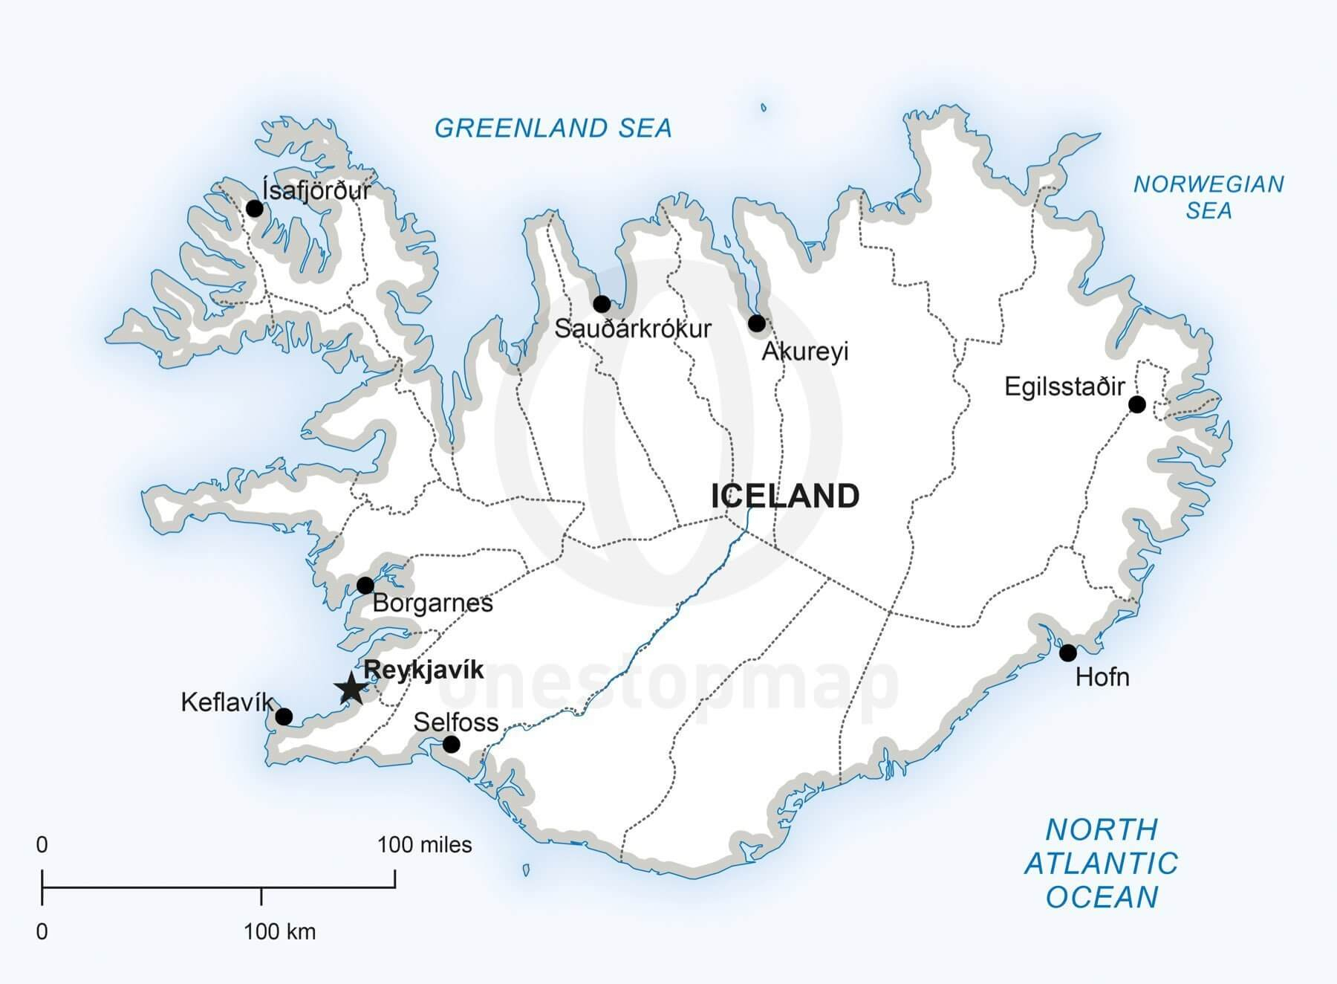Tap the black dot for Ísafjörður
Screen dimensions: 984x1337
tap(255, 208)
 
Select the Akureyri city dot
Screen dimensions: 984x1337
tap(756, 323)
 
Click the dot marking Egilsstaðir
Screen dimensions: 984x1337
tap(1136, 404)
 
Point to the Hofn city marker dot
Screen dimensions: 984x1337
tap(1067, 653)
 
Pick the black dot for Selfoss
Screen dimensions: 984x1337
tap(451, 744)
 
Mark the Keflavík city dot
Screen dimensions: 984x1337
tap(284, 716)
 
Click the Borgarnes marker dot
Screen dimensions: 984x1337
tap(365, 585)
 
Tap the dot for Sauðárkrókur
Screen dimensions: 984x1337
tap(602, 303)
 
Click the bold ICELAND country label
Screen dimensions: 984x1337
tap(785, 496)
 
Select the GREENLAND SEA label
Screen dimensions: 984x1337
tap(553, 129)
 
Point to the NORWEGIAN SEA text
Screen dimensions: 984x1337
tap(1208, 198)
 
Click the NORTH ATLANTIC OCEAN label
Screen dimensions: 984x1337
tap(1102, 863)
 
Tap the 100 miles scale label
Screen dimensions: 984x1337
tap(424, 845)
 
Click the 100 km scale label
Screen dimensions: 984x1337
tap(279, 931)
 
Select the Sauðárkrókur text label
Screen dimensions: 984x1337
tap(633, 328)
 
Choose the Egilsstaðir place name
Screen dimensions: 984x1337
tap(1064, 386)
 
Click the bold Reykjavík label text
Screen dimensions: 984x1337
tap(423, 670)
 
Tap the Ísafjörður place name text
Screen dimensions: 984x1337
tap(316, 190)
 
